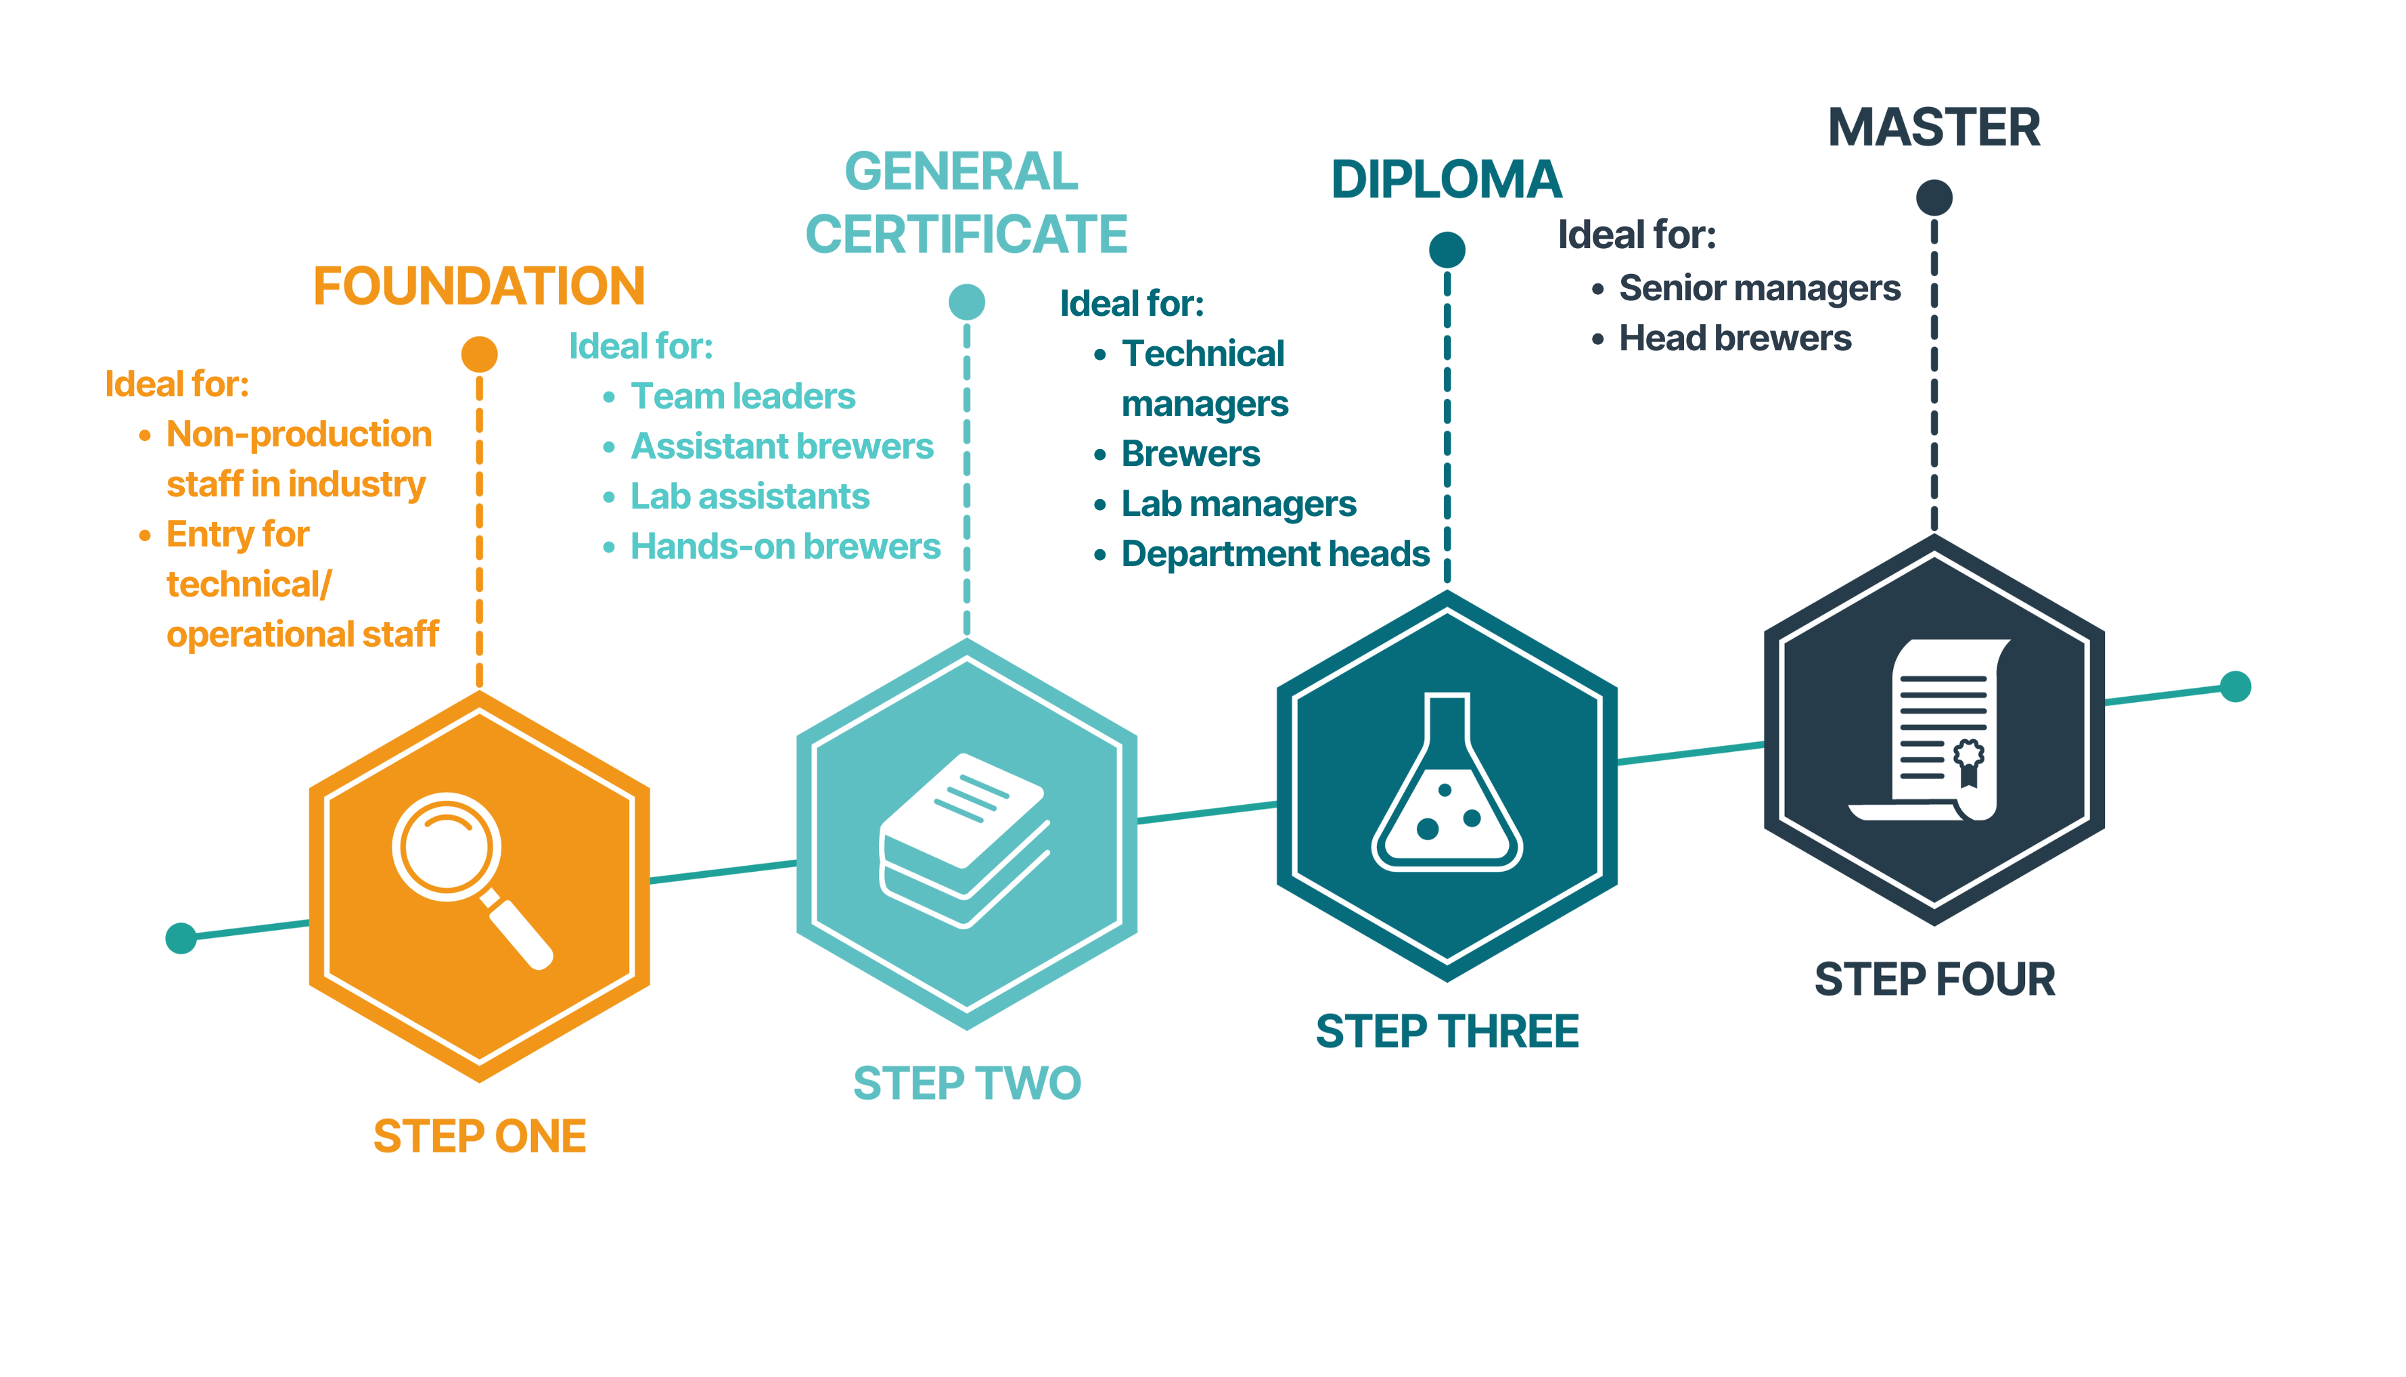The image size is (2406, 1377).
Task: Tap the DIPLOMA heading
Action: click(x=1446, y=180)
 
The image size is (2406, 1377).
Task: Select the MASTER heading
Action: click(x=1934, y=128)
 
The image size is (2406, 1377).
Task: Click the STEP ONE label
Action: click(x=480, y=1136)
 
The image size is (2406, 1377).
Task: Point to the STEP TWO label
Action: click(x=966, y=1083)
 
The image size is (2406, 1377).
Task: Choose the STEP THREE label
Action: click(x=1447, y=1031)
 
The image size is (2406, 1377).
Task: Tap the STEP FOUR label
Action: click(x=1934, y=979)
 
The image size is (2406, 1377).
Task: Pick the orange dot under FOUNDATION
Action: click(x=480, y=354)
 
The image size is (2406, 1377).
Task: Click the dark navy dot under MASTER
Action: click(x=1934, y=197)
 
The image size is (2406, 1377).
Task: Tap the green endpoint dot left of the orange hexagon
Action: click(x=181, y=938)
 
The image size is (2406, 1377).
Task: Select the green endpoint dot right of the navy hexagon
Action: click(x=2235, y=686)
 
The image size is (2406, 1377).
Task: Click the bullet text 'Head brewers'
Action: click(x=1734, y=339)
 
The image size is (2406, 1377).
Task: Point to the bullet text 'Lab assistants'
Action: click(x=749, y=496)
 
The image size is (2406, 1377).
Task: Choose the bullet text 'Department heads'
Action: click(x=1275, y=554)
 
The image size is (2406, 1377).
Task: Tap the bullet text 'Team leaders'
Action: click(x=743, y=396)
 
